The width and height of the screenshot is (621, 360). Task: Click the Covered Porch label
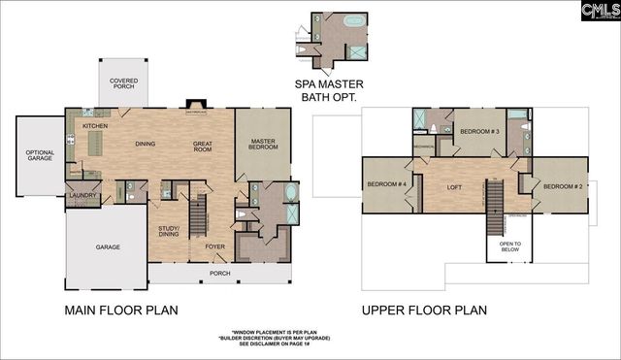point(123,84)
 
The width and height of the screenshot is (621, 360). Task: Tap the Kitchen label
point(94,126)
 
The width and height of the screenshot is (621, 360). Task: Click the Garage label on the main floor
point(108,247)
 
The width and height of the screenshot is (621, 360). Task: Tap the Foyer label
point(214,246)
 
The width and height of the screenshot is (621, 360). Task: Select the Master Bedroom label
point(262,147)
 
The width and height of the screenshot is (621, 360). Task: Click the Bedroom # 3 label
point(479,131)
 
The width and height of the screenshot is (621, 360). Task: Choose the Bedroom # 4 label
point(384,184)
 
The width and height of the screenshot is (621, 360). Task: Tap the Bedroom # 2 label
point(561,185)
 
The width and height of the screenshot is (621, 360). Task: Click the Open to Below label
point(510,246)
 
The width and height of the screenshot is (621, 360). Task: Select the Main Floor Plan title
point(121,311)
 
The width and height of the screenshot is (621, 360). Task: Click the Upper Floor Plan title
point(424,311)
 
